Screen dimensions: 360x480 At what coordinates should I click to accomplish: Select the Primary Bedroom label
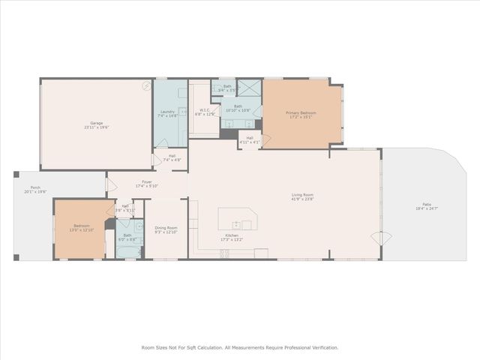tap(301, 112)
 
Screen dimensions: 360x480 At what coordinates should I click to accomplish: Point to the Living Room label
tap(302, 196)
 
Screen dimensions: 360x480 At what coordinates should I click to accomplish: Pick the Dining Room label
tap(166, 228)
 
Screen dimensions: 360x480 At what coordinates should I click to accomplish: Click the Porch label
tap(35, 187)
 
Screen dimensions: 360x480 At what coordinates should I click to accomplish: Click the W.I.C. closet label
tap(203, 110)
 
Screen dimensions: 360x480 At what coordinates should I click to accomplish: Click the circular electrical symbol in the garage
tap(146, 85)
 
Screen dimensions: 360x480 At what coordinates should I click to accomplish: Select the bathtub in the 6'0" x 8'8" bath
tap(128, 251)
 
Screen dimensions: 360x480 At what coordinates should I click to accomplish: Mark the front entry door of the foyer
tap(110, 184)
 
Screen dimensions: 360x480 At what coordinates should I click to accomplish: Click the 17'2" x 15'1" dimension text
tap(301, 117)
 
